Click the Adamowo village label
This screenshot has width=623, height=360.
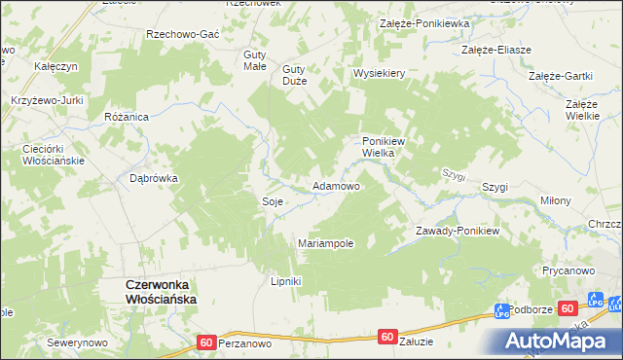click(335, 185)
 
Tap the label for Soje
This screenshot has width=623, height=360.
click(272, 200)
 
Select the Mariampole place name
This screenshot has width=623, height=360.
click(325, 242)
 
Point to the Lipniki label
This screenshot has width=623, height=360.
click(286, 281)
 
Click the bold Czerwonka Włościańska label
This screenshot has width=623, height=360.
click(162, 292)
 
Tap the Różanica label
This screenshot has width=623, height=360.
click(125, 116)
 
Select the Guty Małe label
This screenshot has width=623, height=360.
click(255, 59)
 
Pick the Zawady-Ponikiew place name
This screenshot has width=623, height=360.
click(457, 231)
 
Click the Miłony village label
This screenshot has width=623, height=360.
click(556, 200)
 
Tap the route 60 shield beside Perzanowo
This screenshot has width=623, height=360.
click(205, 342)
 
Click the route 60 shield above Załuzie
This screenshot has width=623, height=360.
click(387, 337)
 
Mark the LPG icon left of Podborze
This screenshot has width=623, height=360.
click(502, 312)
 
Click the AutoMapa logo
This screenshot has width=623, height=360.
click(559, 341)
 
